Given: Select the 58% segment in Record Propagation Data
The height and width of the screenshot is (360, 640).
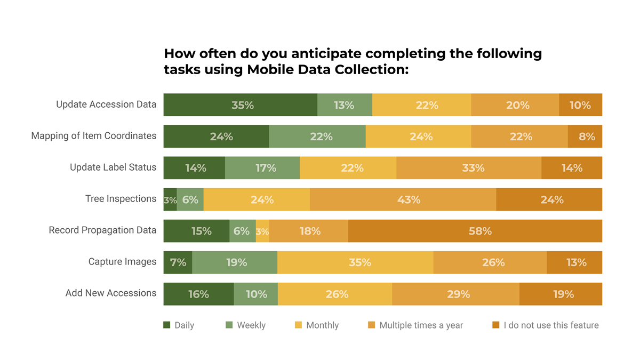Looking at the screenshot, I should [475, 231].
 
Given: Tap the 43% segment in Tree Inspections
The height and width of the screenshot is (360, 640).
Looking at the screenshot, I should [403, 199].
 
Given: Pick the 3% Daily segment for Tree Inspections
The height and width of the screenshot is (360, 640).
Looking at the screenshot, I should [170, 199].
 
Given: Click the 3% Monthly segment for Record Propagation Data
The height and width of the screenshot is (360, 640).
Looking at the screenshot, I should [262, 231].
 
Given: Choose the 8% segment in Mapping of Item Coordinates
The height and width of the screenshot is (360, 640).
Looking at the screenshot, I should [585, 137].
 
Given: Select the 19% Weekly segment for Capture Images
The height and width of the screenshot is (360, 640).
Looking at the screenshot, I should [235, 262].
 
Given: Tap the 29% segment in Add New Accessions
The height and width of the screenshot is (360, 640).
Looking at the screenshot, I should [455, 294].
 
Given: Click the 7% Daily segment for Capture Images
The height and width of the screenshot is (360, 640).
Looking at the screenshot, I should [178, 262].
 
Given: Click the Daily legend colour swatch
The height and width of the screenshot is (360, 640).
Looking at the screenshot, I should [167, 325].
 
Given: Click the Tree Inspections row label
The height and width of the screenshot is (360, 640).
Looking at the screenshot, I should [121, 199].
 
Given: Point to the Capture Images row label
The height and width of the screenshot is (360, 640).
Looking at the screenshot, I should [122, 262].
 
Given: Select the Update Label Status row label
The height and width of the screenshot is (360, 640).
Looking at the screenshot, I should [113, 167].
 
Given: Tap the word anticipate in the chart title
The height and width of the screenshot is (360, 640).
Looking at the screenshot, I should [308, 54].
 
